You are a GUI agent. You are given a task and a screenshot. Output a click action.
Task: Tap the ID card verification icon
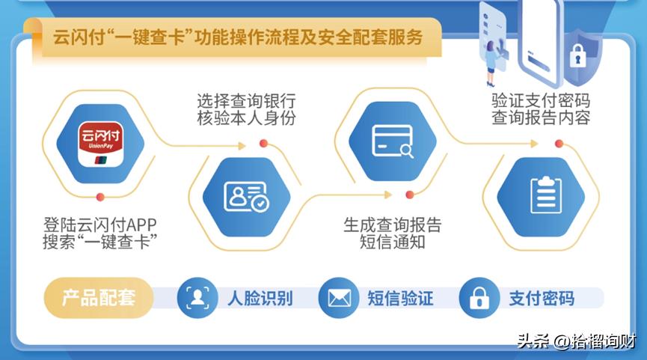coord(246,195)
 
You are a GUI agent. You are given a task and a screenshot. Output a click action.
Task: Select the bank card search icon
coord(392,139)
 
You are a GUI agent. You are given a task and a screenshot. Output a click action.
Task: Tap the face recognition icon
coord(197,298)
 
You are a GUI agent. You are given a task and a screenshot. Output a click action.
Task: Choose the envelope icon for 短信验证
coord(339,298)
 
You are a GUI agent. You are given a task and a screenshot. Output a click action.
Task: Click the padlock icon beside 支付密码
coord(479,298)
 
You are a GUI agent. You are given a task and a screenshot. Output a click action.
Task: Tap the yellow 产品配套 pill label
coord(99,298)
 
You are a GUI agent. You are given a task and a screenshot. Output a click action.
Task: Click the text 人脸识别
coord(260,298)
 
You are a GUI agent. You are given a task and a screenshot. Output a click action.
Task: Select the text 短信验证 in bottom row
coord(400,298)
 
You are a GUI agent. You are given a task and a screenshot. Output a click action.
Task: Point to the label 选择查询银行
coord(246,100)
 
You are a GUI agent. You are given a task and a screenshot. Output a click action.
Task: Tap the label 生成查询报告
coord(392,224)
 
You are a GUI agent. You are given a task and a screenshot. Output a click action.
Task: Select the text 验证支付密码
coord(540,100)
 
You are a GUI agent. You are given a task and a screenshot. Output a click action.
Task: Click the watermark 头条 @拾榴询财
coord(575,341)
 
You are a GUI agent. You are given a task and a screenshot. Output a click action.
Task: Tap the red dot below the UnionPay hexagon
coord(100,197)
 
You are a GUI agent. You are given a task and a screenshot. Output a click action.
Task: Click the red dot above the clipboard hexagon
coord(559,144)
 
